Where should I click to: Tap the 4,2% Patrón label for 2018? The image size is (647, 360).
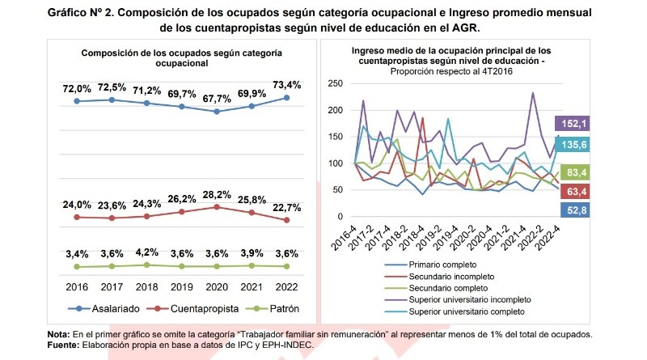[146, 251]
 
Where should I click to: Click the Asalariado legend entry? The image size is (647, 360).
[104, 308]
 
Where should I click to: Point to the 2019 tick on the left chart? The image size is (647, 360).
[181, 286]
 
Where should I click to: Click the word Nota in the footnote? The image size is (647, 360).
[59, 334]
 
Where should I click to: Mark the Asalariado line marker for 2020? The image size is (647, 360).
[217, 111]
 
